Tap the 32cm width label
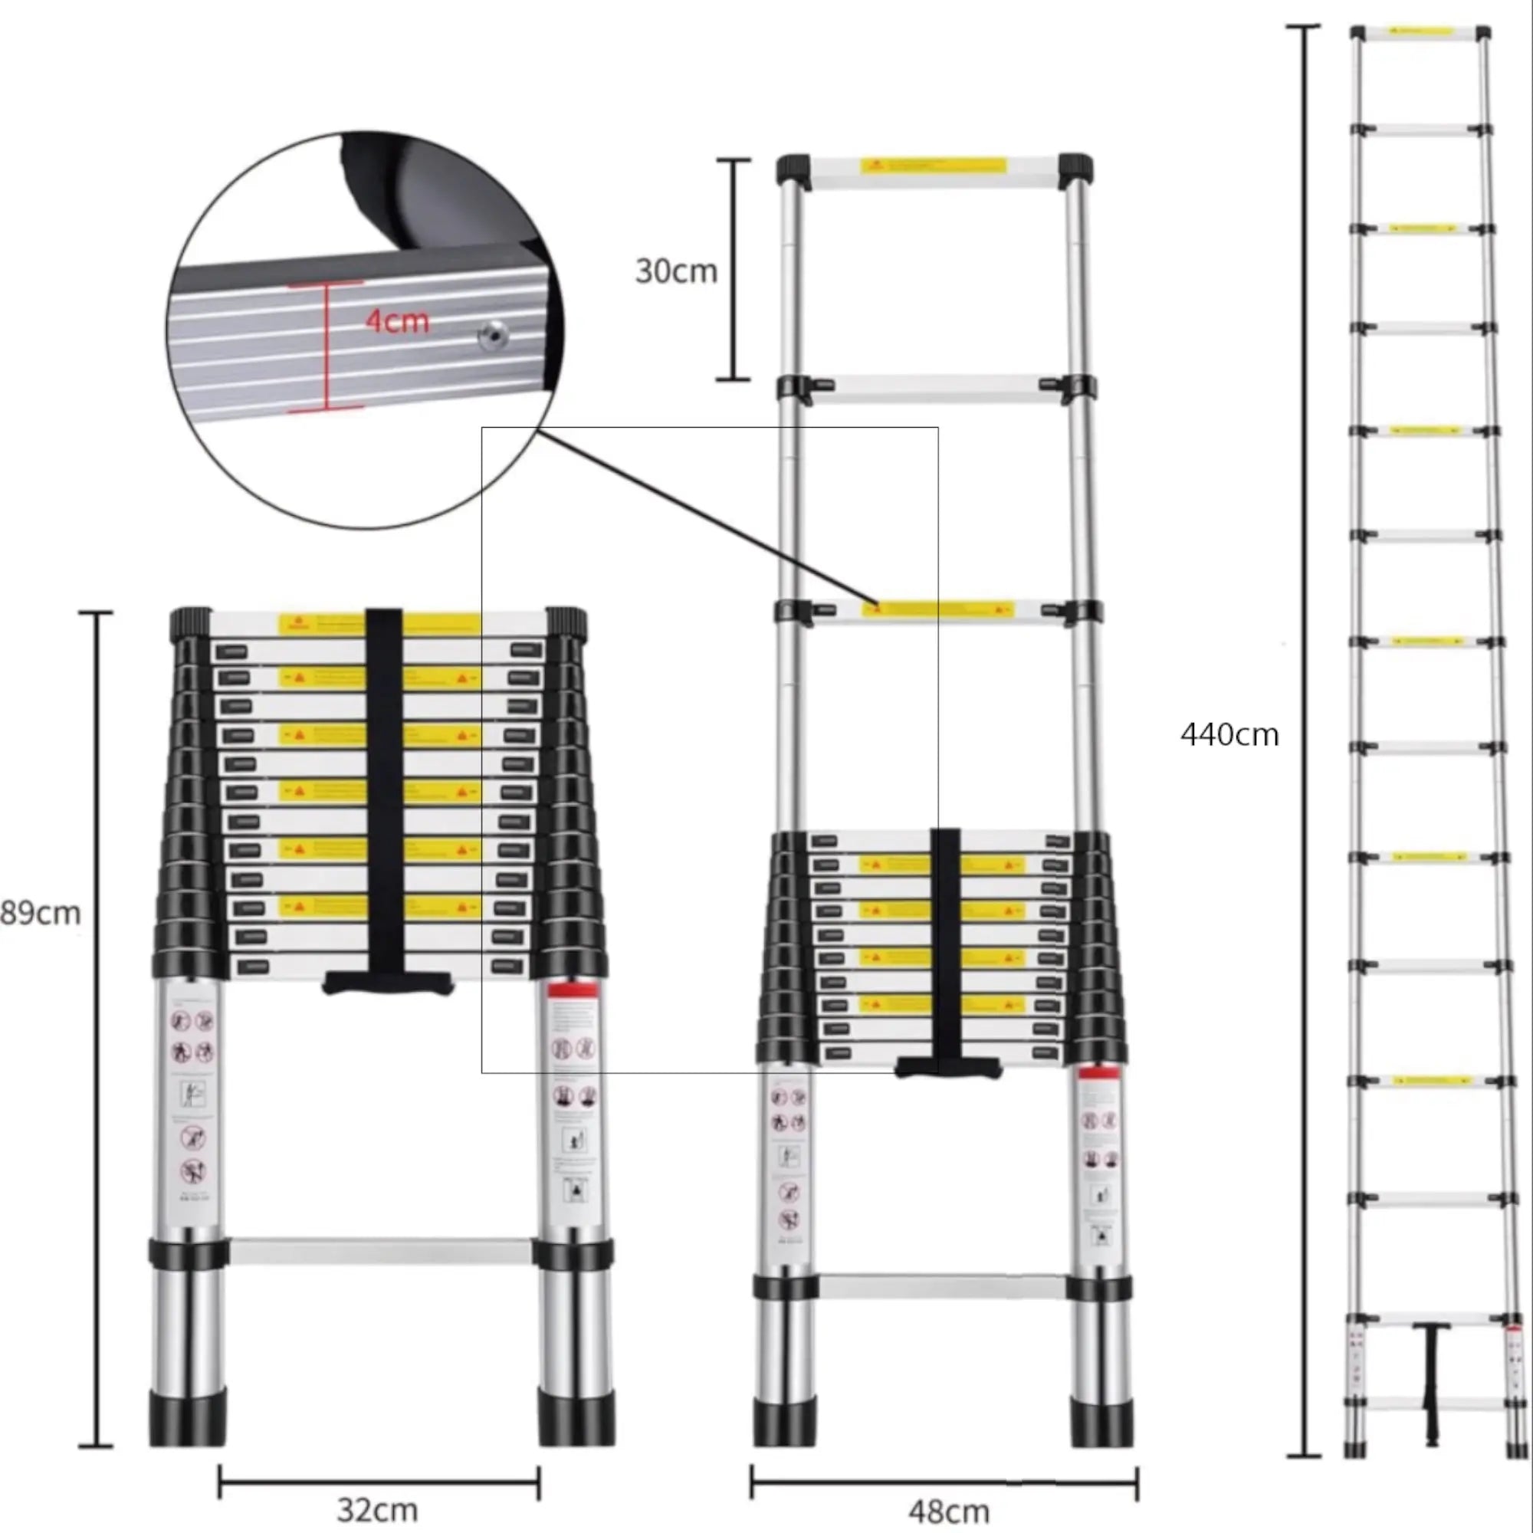377,1508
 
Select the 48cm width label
948,1511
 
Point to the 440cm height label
1229,735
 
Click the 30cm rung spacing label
676,271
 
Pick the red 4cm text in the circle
397,321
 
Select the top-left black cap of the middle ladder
794,169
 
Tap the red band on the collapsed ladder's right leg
572,990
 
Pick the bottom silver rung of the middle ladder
942,1286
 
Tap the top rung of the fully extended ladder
1420,32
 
